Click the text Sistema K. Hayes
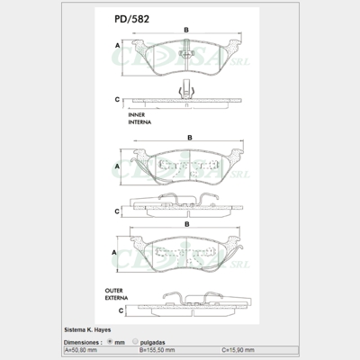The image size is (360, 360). (89, 330)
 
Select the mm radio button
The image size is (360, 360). (110, 342)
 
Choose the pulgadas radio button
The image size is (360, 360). (135, 342)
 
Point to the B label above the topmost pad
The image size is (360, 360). (185, 31)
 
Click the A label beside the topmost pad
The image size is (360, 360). (118, 45)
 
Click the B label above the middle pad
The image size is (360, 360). (189, 137)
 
